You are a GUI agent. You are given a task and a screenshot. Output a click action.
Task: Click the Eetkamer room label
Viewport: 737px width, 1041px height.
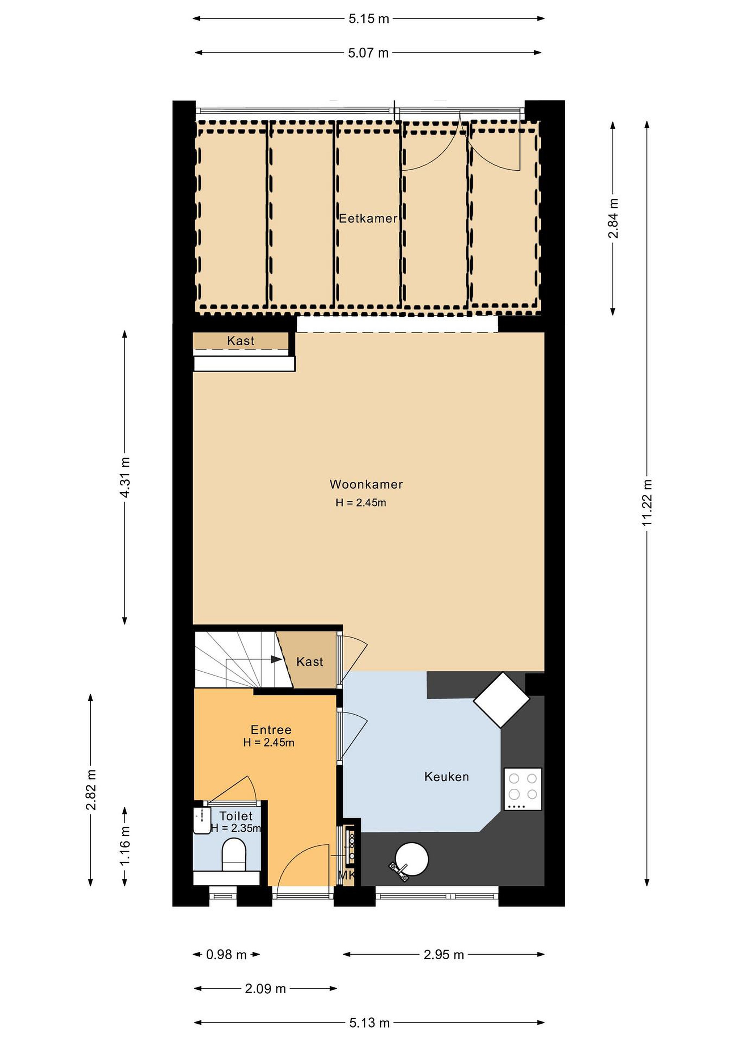[368, 219]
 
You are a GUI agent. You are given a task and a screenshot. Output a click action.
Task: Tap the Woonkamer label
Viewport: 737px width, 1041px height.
[366, 484]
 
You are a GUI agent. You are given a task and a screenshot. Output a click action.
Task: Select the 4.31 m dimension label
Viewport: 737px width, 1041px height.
[125, 477]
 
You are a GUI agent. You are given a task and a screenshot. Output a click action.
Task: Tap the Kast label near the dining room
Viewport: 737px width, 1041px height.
[241, 341]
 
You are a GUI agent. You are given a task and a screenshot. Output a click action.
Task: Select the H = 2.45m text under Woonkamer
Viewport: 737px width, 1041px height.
[361, 502]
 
